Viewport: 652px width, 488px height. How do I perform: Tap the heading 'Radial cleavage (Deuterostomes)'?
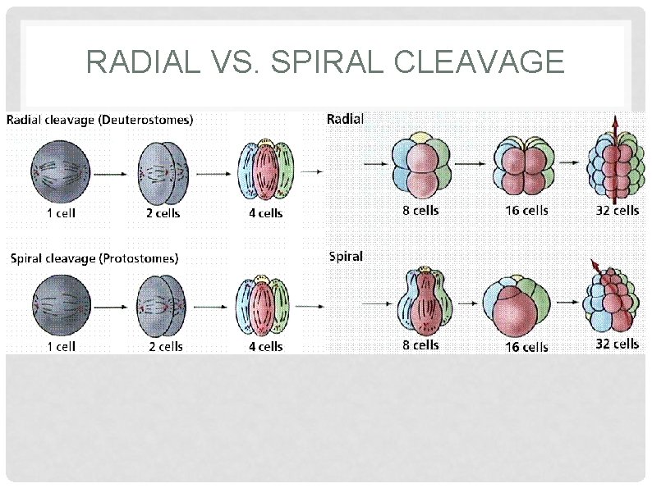(x=100, y=120)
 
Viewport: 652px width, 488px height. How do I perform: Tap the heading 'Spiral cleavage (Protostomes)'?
(x=94, y=258)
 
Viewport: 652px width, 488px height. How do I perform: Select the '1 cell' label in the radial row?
(x=61, y=213)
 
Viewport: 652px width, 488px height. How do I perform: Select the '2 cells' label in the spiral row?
(x=165, y=346)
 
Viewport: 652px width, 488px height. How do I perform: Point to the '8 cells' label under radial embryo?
(x=420, y=211)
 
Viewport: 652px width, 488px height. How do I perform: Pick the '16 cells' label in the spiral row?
(x=526, y=347)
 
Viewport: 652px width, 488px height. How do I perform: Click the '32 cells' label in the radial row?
(x=617, y=211)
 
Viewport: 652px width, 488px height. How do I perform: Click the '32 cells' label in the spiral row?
(x=617, y=344)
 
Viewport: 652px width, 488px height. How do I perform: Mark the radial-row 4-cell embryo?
(x=265, y=172)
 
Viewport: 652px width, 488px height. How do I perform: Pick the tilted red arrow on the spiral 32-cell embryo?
(x=596, y=267)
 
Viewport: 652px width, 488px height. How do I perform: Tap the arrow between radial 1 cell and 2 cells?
(x=109, y=174)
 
